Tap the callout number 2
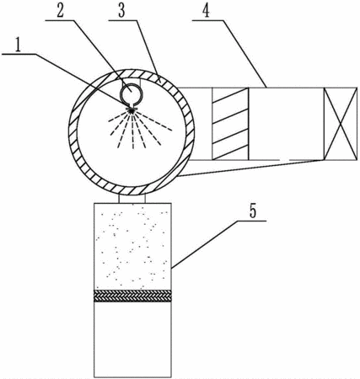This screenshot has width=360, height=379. click(x=60, y=11)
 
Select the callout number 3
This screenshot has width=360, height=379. click(x=121, y=11)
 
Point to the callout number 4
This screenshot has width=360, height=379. click(x=207, y=11)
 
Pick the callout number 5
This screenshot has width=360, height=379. click(x=253, y=211)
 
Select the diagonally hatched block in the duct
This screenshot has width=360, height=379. click(x=230, y=124)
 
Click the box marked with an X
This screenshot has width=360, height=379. click(x=341, y=124)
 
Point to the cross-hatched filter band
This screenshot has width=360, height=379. click(x=132, y=296)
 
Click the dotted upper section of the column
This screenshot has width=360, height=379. click(x=132, y=247)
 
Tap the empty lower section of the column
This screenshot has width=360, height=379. click(x=132, y=339)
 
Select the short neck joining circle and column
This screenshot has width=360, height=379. click(x=132, y=199)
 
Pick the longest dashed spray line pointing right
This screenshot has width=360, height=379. click(x=154, y=121)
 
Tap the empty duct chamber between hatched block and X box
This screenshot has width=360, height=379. click(x=287, y=124)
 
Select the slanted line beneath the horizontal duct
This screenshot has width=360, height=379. click(x=250, y=168)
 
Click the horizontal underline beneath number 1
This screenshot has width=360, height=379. click(x=19, y=54)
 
